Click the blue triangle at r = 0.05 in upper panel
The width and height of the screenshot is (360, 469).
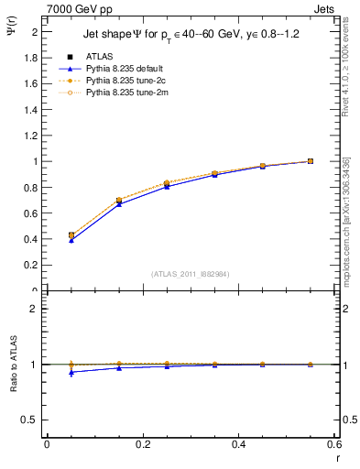coord(71,240)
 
